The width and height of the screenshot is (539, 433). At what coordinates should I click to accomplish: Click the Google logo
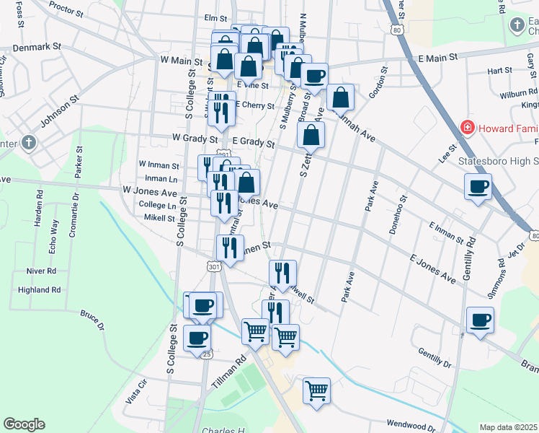point(24,424)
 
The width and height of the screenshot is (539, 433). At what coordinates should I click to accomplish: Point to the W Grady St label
point(195,138)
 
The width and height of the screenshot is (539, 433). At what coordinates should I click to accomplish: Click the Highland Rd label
point(40,290)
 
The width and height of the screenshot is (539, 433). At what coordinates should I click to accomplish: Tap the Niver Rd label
point(41,271)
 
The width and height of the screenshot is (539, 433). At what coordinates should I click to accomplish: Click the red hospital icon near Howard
point(468,128)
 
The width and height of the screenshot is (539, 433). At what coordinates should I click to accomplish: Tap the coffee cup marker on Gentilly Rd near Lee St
point(478,188)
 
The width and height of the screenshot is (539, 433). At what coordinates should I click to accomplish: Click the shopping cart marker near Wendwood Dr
point(316,390)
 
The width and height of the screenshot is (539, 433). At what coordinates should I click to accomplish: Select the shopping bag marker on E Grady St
point(311,134)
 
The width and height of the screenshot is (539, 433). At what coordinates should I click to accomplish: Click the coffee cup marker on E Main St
point(313,76)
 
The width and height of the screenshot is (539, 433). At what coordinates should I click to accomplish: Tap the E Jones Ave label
point(433,268)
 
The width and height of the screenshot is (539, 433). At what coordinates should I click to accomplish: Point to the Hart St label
point(499,71)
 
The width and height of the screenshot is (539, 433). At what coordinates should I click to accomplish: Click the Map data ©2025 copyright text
point(509,427)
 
